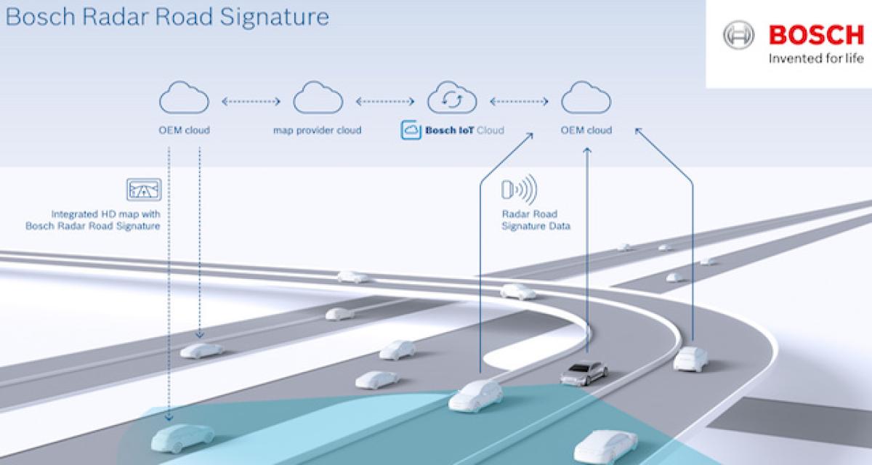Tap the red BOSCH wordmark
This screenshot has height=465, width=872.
[815, 34]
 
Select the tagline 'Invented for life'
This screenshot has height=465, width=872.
[815, 59]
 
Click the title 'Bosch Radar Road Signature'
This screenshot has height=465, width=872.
[166, 15]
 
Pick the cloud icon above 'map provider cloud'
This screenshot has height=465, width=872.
[318, 98]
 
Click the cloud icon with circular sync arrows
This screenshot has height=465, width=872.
[451, 99]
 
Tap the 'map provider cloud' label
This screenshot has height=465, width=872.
[317, 131]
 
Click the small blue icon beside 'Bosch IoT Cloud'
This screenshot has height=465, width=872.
[411, 131]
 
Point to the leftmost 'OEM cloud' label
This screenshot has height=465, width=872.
[183, 131]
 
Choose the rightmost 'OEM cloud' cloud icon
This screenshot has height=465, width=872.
[586, 98]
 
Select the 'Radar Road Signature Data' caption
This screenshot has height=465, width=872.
[536, 220]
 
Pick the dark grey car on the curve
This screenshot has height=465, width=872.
[584, 372]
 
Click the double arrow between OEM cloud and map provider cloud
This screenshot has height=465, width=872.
[251, 101]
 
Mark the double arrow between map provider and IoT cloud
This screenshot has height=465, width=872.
[384, 101]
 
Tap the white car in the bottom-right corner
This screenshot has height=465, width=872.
[605, 445]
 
